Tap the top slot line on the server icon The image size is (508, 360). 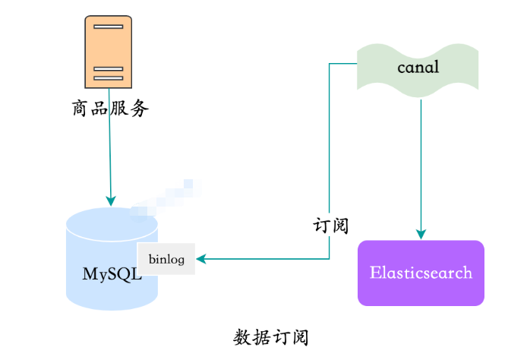(x=108, y=27)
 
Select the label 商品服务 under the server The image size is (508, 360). (x=110, y=109)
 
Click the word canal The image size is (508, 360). (x=418, y=68)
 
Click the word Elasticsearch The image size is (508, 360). (x=421, y=273)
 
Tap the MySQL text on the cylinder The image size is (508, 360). (x=112, y=273)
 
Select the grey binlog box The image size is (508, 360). (x=166, y=259)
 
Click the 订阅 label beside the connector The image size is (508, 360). (x=331, y=226)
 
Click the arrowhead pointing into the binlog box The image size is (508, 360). (x=201, y=259)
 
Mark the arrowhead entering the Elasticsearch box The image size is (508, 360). (x=421, y=234)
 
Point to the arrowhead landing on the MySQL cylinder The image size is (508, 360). (x=111, y=201)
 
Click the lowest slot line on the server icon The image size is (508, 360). (x=108, y=78)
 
